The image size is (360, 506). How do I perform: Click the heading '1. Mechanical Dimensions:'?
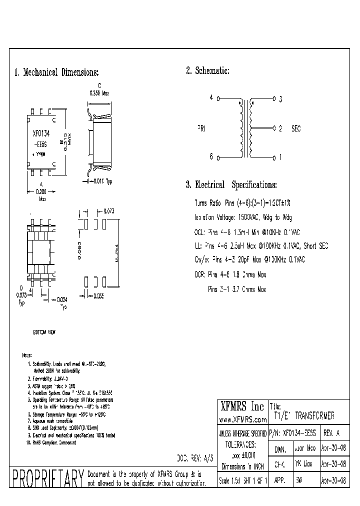56,72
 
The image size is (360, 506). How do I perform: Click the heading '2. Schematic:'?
207,71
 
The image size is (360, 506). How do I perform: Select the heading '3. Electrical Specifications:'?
231,185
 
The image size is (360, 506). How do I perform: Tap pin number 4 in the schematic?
211,98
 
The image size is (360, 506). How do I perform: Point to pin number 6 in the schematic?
211,156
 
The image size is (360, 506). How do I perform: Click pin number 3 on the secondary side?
280,99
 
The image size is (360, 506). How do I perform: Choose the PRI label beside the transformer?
201,128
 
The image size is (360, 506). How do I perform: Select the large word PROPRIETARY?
47,479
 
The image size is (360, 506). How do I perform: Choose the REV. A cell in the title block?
334,432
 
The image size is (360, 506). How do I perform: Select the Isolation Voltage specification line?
243,217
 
